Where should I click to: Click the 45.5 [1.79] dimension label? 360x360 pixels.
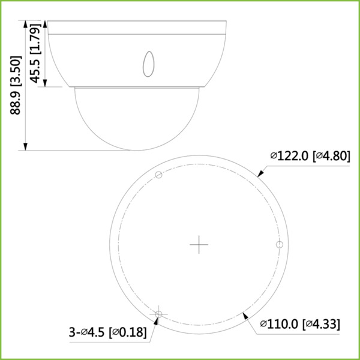point(36,54)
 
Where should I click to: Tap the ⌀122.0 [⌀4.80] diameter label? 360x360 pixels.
point(309,156)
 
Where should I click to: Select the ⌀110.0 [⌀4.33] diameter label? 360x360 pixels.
point(300,325)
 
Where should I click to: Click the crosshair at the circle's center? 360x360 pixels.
point(199,244)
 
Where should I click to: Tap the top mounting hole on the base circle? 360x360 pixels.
point(158,175)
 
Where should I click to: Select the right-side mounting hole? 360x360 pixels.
point(278,244)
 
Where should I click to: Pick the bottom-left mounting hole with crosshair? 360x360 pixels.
point(158,314)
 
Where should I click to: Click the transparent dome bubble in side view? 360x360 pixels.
point(137,117)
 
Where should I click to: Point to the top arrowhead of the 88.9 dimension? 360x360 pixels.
point(25,25)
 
